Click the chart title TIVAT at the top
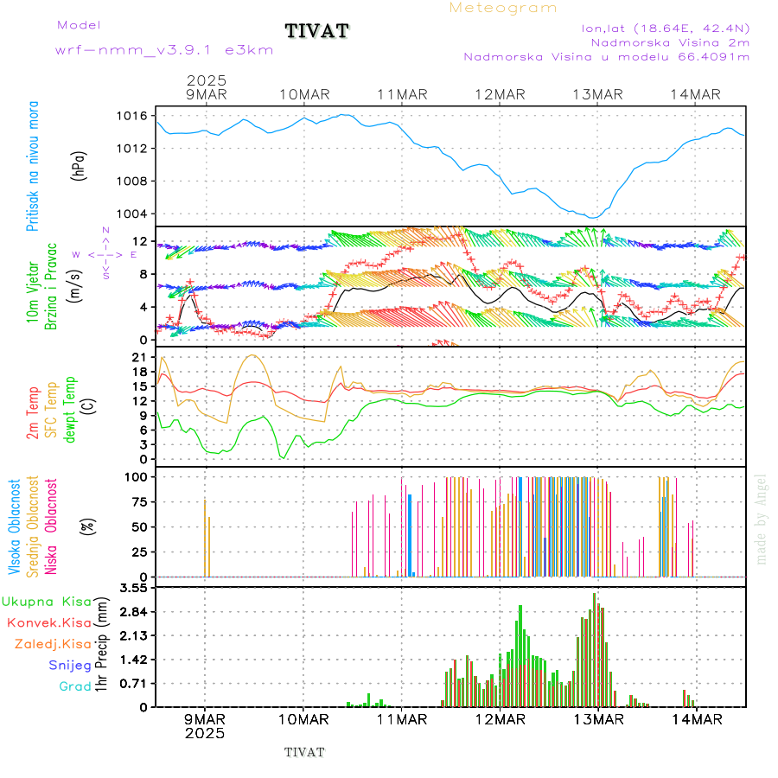317,32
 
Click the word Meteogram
503,8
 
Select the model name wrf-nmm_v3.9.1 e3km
164,50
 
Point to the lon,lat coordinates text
666,28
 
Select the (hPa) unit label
80,165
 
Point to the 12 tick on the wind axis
138,241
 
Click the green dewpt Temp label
70,410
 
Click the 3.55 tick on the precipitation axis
132,588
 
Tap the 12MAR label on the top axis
500,94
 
